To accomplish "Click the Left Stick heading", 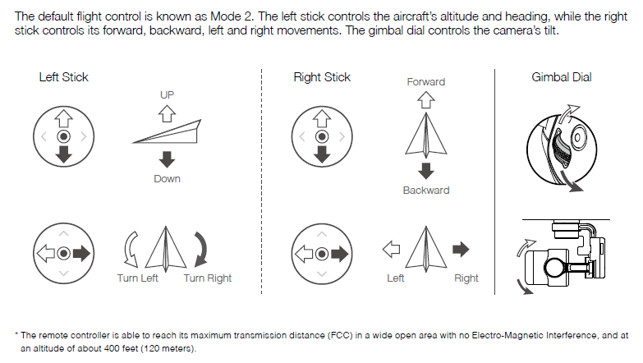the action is point(63,77).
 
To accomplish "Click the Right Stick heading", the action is point(322,77).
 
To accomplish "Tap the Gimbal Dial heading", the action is point(562,77).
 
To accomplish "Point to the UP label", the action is point(167,94).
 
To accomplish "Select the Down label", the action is point(167,179).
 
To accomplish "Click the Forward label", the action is point(425,82).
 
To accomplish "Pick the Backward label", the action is point(426,191).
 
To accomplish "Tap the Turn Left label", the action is point(137,278).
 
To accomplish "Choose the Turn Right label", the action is point(208,278).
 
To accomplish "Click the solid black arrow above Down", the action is point(167,159).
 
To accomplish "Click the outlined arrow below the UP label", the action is point(167,113).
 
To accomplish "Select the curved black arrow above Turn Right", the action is point(202,250).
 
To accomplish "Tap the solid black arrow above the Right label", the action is point(461,249).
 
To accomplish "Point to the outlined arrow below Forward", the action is point(426,99).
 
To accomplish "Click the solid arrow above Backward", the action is point(426,171).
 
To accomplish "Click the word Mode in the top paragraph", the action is point(225,16).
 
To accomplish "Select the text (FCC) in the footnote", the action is point(340,335).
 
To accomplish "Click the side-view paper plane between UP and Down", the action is point(167,132).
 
